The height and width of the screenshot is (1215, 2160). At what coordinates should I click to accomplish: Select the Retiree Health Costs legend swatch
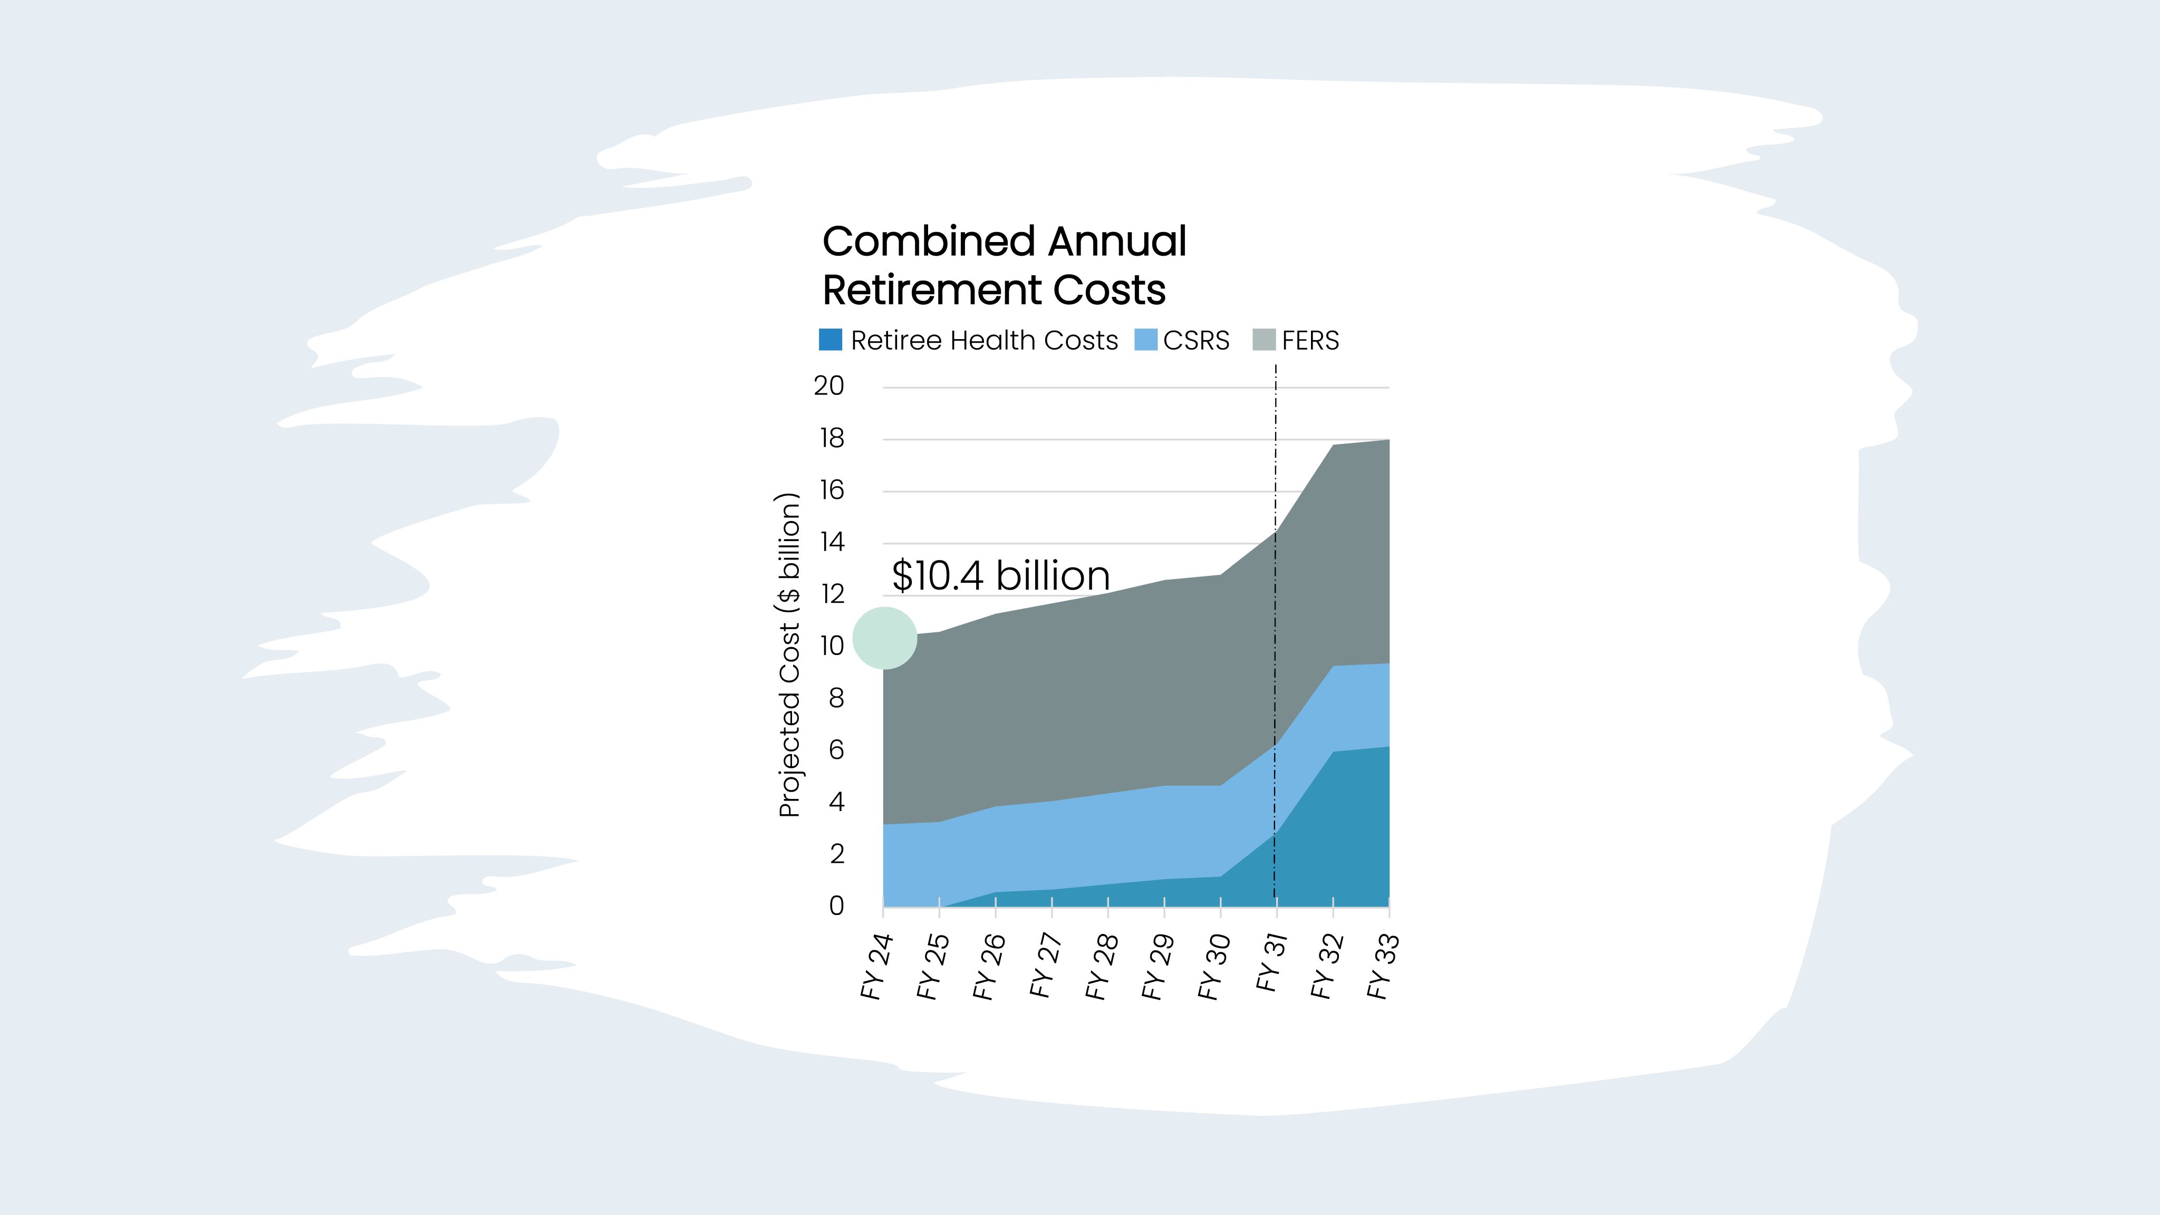830,340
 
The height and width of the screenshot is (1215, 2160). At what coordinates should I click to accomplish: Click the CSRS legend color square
1145,340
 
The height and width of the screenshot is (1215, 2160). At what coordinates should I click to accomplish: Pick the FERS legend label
1310,341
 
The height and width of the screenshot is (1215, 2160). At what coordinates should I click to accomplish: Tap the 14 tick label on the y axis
832,542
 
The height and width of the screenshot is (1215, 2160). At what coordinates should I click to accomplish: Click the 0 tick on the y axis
836,905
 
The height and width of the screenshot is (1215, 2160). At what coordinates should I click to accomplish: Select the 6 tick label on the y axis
836,750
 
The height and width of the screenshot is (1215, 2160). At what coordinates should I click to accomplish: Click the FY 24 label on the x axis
876,966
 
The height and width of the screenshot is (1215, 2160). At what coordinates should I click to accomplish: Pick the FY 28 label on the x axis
1101,966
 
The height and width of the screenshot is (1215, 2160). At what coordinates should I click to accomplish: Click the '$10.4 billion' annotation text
1000,575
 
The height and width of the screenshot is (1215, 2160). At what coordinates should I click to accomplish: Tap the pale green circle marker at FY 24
885,638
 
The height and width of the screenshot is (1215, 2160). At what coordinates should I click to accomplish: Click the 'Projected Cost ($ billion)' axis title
789,654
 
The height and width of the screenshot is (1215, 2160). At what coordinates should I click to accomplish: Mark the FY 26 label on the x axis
989,966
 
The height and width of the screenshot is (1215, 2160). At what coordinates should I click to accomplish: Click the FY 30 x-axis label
1213,966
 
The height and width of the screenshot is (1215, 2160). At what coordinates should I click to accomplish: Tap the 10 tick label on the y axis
832,645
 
